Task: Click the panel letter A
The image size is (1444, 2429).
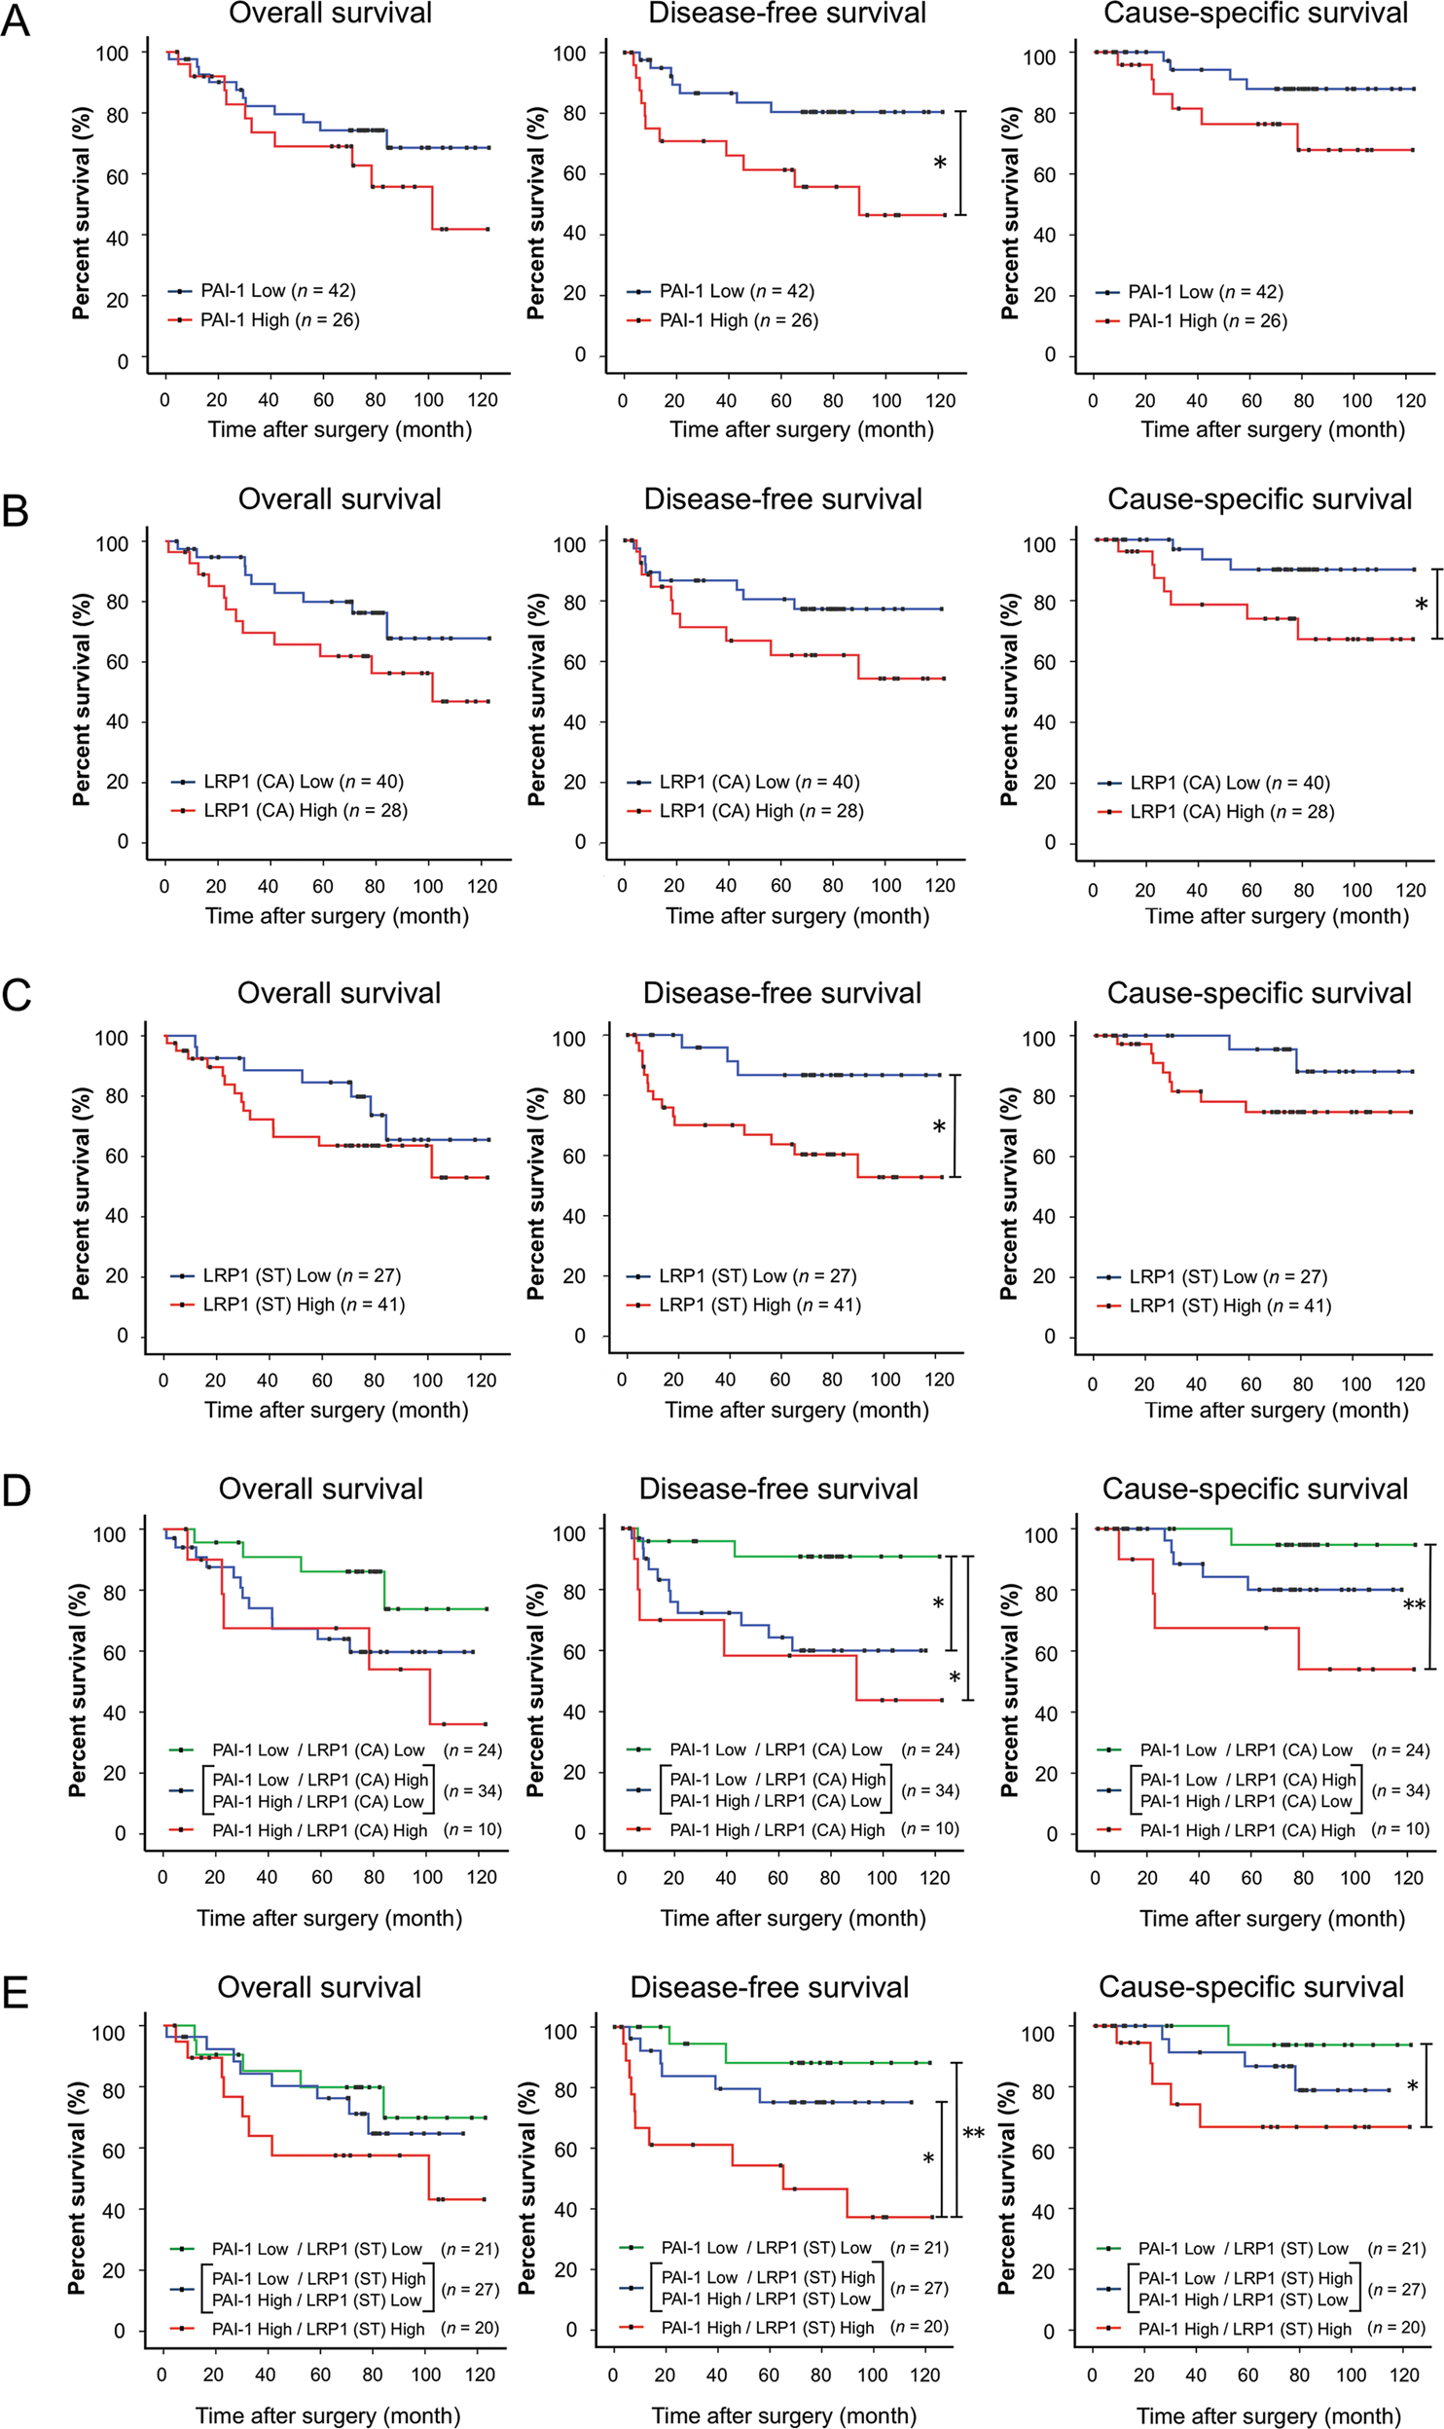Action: [x=16, y=20]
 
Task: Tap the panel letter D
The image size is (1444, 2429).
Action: [x=16, y=1491]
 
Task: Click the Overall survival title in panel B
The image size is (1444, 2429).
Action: [x=340, y=499]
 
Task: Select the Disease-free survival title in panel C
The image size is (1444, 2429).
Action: [x=781, y=993]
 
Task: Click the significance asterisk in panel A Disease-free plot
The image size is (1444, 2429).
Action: [x=940, y=164]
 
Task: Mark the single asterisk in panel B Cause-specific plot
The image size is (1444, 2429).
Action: [x=1421, y=606]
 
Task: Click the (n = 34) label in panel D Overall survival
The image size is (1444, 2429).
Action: [x=473, y=1791]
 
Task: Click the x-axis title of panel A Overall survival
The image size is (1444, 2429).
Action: [x=340, y=429]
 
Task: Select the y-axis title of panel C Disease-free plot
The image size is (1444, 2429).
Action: [x=535, y=1193]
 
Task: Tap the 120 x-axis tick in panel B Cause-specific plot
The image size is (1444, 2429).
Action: [x=1410, y=890]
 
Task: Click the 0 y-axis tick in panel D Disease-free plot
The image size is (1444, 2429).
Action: [x=579, y=1832]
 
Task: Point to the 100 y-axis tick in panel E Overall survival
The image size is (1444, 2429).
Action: [x=108, y=2033]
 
